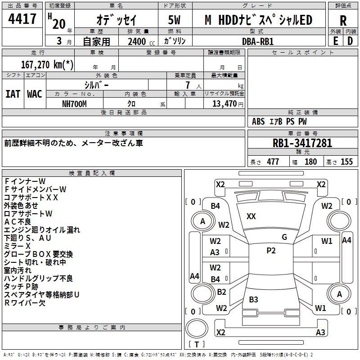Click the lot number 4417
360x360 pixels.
(22, 19)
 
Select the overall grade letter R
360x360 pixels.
(343, 21)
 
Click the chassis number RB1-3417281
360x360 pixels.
(302, 143)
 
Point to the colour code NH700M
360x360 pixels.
(74, 104)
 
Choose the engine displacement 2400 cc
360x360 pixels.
(141, 41)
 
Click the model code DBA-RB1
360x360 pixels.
(258, 41)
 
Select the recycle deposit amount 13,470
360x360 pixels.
(224, 104)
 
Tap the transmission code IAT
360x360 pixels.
(13, 94)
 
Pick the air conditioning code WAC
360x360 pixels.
(35, 94)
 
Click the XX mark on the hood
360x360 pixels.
(251, 216)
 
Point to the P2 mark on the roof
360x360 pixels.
(271, 251)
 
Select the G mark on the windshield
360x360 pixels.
(284, 237)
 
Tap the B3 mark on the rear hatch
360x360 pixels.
(253, 299)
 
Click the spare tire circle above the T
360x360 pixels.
(197, 328)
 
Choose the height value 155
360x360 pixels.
(346, 162)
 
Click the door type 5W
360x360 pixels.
(174, 20)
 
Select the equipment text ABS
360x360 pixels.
(258, 121)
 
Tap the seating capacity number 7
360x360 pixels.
(188, 85)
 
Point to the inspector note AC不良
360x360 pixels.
(18, 221)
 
